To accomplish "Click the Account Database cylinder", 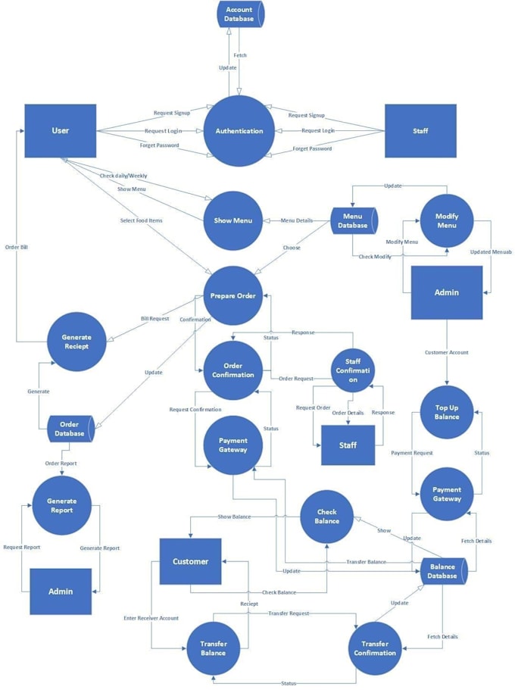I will pyautogui.click(x=240, y=14).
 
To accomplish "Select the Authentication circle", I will pyautogui.click(x=239, y=131).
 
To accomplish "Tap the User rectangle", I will pyautogui.click(x=61, y=131).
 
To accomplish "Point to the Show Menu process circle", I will pyautogui.click(x=234, y=220).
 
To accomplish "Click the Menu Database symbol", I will pyautogui.click(x=353, y=220).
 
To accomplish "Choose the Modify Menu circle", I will pyautogui.click(x=447, y=220).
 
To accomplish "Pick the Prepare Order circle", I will pyautogui.click(x=234, y=296).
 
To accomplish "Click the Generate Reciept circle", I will pyautogui.click(x=76, y=342).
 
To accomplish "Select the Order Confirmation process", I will pyautogui.click(x=233, y=370).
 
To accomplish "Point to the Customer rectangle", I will pyautogui.click(x=190, y=561).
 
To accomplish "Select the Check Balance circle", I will pyautogui.click(x=327, y=517).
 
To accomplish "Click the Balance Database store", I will pyautogui.click(x=443, y=571).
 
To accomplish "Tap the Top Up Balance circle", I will pyautogui.click(x=447, y=411).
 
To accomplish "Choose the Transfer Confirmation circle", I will pyautogui.click(x=375, y=648).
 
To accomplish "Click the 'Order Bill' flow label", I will pyautogui.click(x=17, y=247).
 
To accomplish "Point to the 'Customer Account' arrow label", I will pyautogui.click(x=447, y=352).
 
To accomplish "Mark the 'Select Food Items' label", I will pyautogui.click(x=142, y=220).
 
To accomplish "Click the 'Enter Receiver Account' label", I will pyautogui.click(x=151, y=618).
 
